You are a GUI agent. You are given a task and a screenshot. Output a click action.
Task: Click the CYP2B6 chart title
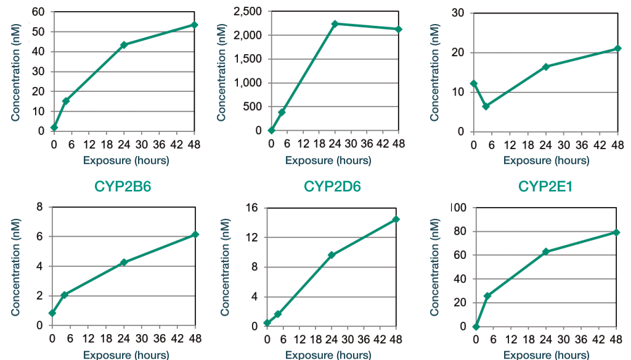123,186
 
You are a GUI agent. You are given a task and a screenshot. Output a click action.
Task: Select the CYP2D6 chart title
332,186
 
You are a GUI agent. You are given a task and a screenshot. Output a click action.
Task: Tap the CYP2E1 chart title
545,186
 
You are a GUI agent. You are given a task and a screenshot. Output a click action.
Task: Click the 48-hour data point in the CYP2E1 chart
616,232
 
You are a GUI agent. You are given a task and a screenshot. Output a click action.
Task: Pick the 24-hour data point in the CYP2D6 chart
332,255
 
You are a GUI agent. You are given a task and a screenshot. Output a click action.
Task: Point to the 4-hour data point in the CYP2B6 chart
64,295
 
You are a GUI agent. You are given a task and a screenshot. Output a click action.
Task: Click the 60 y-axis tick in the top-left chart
38,12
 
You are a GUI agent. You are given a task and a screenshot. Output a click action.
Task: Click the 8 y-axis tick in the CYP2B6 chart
39,208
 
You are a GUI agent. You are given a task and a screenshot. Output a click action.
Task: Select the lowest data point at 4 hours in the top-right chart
486,107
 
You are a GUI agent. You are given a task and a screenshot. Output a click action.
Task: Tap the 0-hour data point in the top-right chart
473,83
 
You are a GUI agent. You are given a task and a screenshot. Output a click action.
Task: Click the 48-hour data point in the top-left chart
194,25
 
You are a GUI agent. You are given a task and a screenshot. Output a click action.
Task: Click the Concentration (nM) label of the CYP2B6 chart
16,266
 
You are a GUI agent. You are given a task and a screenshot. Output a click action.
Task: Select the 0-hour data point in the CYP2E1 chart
476,326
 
